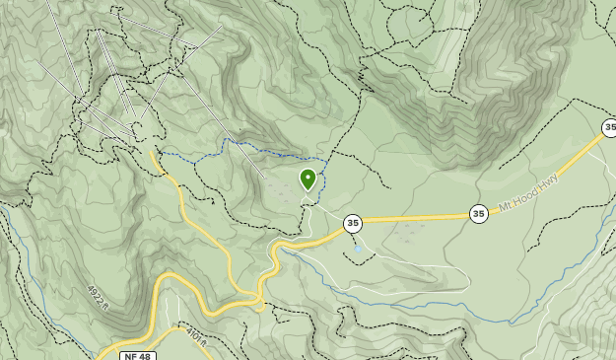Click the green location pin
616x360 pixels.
(308, 179)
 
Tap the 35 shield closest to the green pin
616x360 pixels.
(353, 224)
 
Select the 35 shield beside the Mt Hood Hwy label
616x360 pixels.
(478, 213)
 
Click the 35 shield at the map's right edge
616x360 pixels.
(610, 127)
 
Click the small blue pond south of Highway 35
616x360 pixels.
(358, 250)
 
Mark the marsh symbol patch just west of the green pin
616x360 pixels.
(287, 194)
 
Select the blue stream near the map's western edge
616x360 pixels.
(14, 237)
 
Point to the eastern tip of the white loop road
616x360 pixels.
(467, 279)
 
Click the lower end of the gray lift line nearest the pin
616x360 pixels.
(264, 177)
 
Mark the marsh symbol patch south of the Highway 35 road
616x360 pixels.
(404, 235)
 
